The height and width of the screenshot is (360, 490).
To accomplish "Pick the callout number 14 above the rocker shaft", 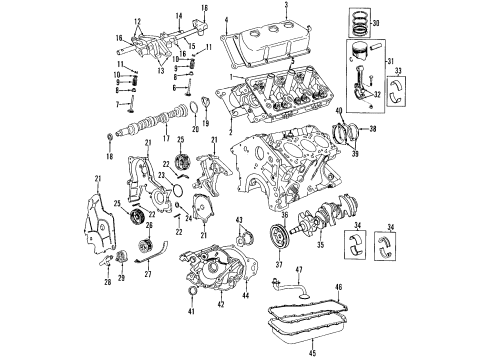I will coord(176,16).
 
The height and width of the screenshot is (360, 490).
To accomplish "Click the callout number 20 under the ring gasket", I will coord(194,130).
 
